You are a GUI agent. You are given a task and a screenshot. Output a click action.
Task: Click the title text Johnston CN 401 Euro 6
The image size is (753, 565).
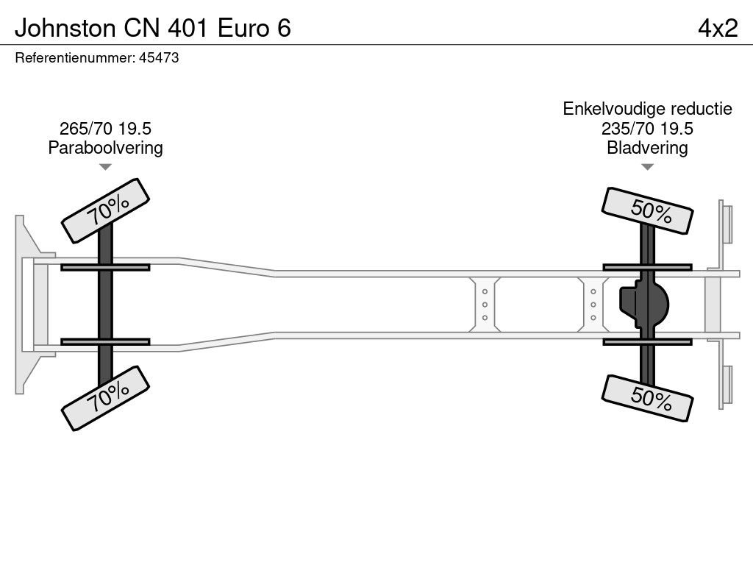point(153,28)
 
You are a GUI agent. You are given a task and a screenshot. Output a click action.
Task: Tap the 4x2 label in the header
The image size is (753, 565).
point(717,28)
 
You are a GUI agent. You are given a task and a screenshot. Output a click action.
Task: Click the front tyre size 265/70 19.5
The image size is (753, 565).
point(105,129)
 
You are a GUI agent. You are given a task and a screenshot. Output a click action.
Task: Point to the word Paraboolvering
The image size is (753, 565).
point(105,148)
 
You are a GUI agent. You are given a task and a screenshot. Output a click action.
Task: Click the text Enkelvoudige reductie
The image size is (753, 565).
point(647,109)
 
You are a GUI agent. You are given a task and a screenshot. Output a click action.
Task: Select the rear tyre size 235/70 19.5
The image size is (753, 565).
point(647,129)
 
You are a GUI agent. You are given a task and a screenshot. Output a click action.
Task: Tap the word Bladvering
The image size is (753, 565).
point(647,148)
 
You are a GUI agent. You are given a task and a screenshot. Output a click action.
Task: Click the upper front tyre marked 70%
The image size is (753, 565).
point(105,210)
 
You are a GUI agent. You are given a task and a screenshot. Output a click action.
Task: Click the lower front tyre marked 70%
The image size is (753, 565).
point(105,398)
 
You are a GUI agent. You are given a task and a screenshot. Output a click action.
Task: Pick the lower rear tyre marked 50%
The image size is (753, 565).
point(647,398)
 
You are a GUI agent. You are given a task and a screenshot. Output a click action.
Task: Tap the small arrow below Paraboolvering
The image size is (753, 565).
point(105,167)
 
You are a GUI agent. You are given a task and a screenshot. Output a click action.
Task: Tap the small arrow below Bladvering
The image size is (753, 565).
point(647,167)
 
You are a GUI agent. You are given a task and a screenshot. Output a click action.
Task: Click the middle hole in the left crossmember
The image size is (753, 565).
point(485,305)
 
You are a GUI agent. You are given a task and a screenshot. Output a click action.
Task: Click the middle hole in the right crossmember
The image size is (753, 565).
point(593,305)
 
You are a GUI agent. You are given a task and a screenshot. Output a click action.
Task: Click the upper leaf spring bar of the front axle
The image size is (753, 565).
point(105,267)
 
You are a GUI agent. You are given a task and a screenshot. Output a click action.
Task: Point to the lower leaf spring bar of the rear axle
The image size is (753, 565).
point(647,342)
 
